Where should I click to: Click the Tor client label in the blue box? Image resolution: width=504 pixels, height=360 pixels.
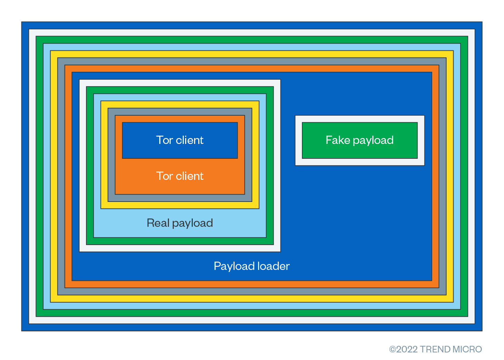coord(180,140)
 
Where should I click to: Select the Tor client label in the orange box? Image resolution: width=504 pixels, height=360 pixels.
coord(180,176)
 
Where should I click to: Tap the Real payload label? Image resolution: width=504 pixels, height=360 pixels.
coord(180,223)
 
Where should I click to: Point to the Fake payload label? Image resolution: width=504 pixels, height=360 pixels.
coord(360,140)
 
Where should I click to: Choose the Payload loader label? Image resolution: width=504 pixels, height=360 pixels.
coord(251,266)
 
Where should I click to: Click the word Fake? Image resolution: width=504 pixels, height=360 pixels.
coord(338,140)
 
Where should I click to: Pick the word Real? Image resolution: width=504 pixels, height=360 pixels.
coord(158,223)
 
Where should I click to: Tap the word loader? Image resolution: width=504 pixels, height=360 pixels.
coord(274,266)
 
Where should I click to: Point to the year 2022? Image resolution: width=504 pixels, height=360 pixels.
coord(407,349)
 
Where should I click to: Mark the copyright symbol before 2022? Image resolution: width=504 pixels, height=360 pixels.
coord(392,349)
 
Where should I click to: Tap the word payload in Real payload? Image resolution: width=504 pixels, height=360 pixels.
coord(192,223)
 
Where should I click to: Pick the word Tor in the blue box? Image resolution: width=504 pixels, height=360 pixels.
coord(164,140)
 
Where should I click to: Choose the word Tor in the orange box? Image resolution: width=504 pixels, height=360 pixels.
coord(164,176)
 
